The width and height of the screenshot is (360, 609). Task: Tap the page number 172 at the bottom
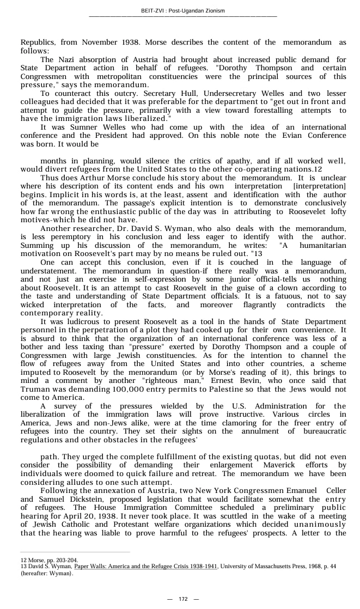click(x=183, y=599)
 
